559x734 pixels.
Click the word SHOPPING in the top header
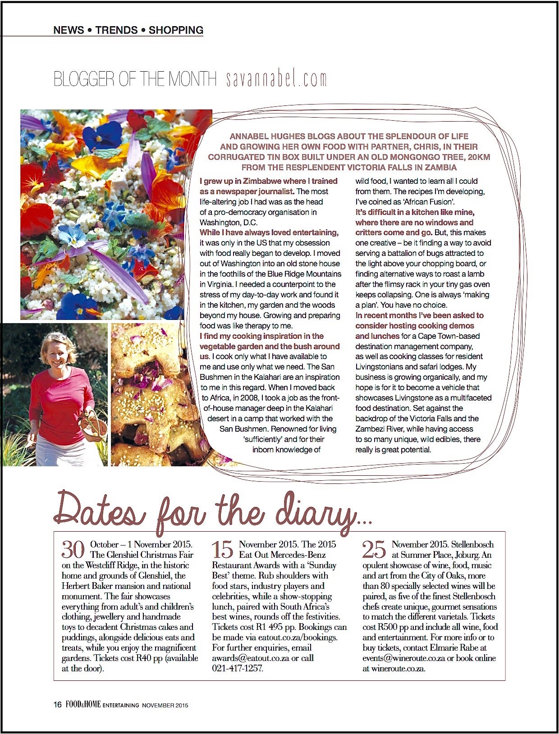coord(176,30)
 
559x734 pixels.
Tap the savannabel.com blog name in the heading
coord(276,79)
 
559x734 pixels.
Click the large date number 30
coord(73,550)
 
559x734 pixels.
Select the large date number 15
coord(223,550)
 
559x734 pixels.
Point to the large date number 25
coord(374,550)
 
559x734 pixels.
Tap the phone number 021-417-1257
coord(238,669)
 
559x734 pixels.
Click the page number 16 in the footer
coord(58,705)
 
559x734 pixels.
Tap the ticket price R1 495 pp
coord(270,627)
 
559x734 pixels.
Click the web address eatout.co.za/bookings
coord(297,638)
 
